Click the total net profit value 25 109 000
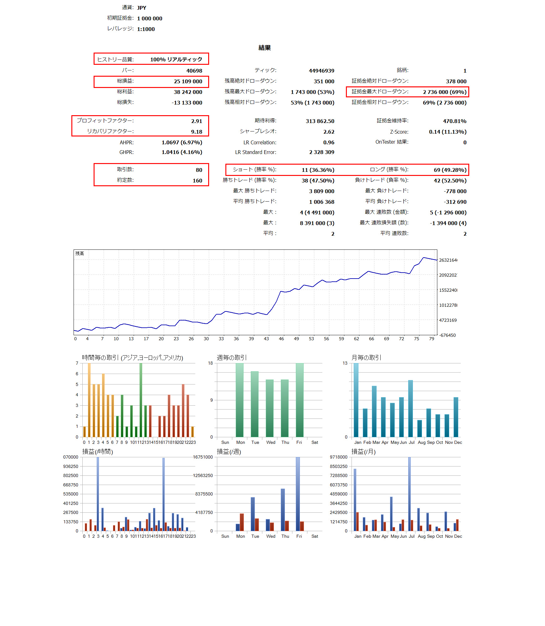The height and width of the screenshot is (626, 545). tap(188, 81)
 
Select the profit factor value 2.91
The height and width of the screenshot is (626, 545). tap(197, 121)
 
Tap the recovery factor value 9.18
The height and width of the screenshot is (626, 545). tap(197, 132)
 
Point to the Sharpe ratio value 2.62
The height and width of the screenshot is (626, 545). tap(329, 132)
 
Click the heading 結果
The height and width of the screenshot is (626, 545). tap(265, 48)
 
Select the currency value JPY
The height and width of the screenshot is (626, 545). tap(141, 8)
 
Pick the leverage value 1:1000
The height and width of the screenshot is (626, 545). tap(146, 29)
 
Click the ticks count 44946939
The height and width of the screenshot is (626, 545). tap(321, 71)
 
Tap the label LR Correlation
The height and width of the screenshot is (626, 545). tap(260, 142)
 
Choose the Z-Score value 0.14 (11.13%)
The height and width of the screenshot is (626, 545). tap(447, 132)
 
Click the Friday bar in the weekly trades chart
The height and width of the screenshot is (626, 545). tap(300, 400)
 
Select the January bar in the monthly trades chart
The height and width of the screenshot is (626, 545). tap(356, 400)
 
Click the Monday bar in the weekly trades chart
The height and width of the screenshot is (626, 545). tap(239, 400)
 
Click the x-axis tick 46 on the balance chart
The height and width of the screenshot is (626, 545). tap(281, 339)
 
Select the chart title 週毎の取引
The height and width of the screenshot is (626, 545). tap(232, 357)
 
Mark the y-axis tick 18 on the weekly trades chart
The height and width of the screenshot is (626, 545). tap(210, 363)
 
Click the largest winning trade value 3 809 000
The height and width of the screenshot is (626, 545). tap(321, 191)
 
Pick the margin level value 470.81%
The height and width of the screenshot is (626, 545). tap(455, 121)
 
